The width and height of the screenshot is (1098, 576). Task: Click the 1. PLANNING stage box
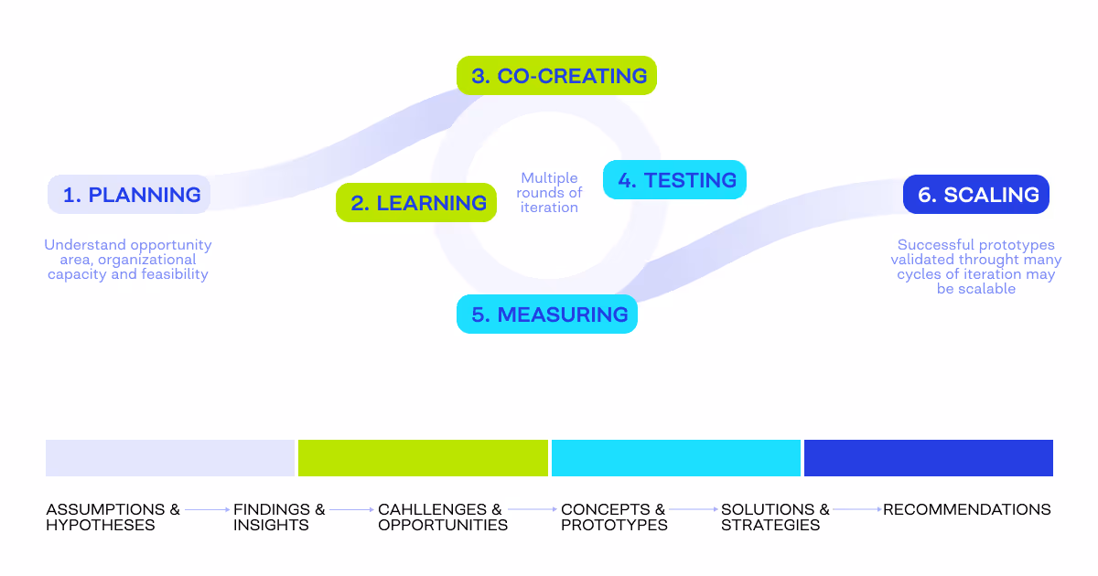(130, 195)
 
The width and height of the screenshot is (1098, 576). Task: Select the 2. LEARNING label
(417, 203)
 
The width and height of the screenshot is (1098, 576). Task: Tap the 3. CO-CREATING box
(557, 76)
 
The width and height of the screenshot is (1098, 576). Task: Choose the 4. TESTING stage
(675, 180)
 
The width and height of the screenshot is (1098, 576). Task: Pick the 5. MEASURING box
(547, 315)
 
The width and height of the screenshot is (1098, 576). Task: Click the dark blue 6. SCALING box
(976, 195)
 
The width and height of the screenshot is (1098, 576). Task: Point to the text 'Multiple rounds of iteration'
(549, 193)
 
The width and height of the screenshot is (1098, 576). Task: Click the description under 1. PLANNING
(128, 260)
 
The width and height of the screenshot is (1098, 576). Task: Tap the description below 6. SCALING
(976, 267)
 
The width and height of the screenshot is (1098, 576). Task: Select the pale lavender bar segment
(170, 458)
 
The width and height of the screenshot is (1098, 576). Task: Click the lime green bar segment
(423, 458)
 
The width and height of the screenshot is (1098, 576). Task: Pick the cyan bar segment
(676, 458)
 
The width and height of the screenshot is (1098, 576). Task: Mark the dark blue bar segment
(929, 458)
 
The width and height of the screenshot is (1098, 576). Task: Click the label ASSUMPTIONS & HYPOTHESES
(113, 517)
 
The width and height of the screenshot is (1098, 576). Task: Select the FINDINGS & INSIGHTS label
(279, 517)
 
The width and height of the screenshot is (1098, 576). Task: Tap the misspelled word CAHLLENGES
(432, 509)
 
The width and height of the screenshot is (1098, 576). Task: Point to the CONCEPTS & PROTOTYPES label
(614, 517)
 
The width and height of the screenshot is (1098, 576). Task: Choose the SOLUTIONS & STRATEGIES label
(776, 517)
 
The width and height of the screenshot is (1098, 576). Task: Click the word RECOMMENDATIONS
(967, 509)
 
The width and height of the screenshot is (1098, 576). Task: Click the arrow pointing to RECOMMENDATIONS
(856, 509)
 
